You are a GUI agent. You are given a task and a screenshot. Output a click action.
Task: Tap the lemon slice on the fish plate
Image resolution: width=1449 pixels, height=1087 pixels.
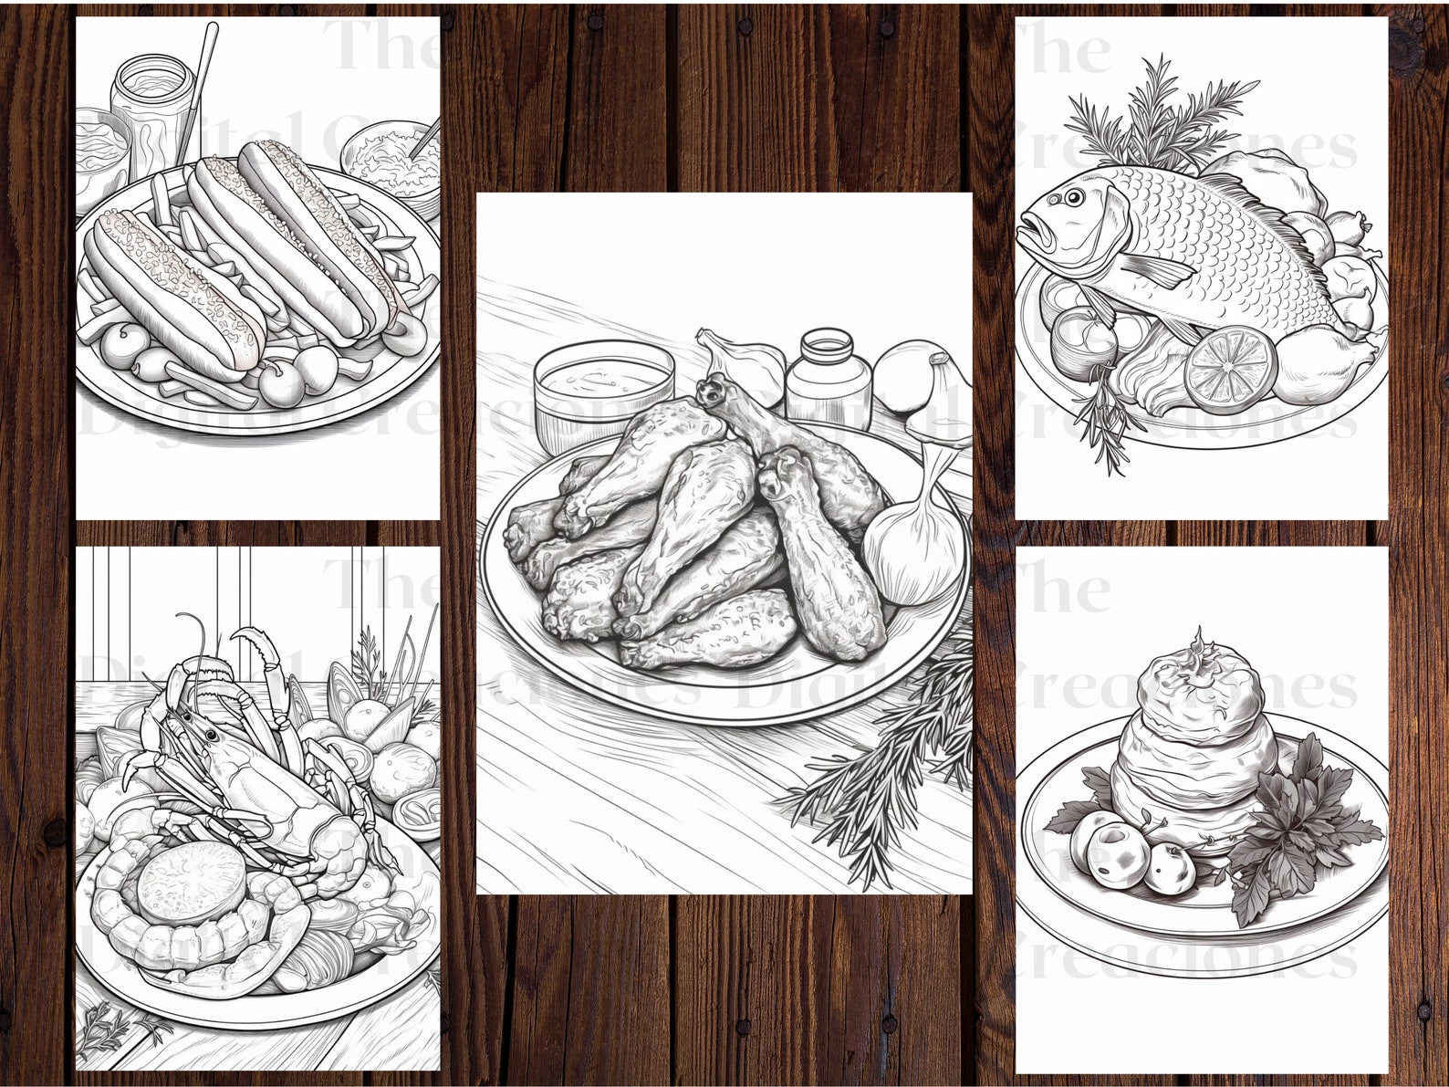tap(1223, 365)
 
